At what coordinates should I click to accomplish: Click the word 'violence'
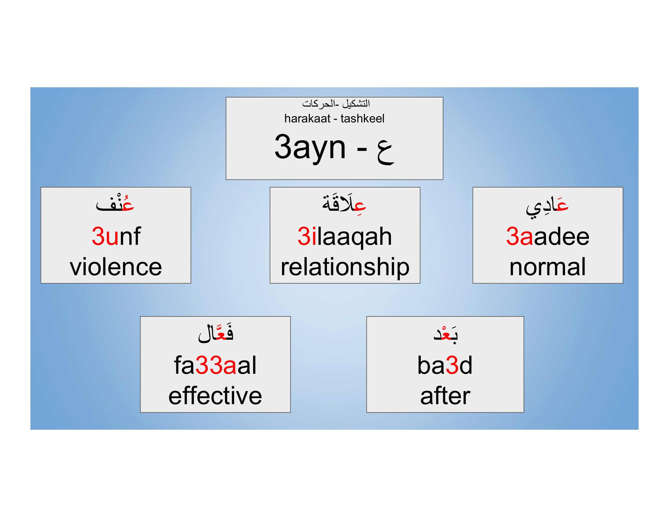116,267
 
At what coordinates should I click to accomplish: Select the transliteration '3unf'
116,236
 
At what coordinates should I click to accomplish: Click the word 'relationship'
345,267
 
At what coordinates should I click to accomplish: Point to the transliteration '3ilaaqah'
345,237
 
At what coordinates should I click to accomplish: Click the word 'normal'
547,267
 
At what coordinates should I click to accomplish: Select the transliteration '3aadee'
547,236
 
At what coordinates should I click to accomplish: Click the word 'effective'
215,396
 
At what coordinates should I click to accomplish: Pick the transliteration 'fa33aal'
215,365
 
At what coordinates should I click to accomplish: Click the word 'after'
445,396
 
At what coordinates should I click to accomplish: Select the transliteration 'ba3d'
445,365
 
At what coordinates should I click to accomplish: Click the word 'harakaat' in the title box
307,119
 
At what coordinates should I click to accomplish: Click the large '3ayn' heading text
310,147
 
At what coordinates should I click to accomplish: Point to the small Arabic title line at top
336,104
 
